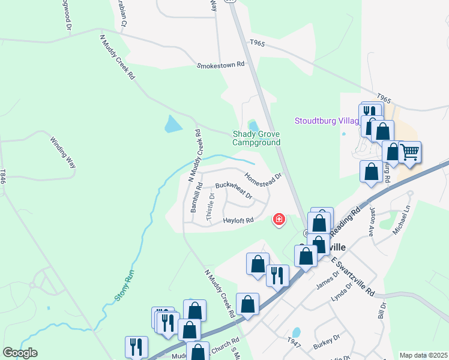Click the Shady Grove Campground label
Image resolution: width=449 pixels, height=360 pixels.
click(256, 139)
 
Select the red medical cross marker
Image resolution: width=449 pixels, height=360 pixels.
click(279, 220)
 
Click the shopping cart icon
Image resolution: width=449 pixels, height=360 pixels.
click(410, 152)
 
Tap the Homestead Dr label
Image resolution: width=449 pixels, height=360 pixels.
click(263, 179)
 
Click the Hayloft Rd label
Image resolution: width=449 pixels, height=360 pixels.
click(239, 220)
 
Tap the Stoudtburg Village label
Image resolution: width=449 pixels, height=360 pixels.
click(327, 121)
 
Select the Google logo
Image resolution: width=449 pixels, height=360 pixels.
click(20, 352)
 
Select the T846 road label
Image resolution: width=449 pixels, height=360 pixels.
click(4, 176)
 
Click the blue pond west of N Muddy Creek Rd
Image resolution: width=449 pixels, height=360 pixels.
click(172, 124)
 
